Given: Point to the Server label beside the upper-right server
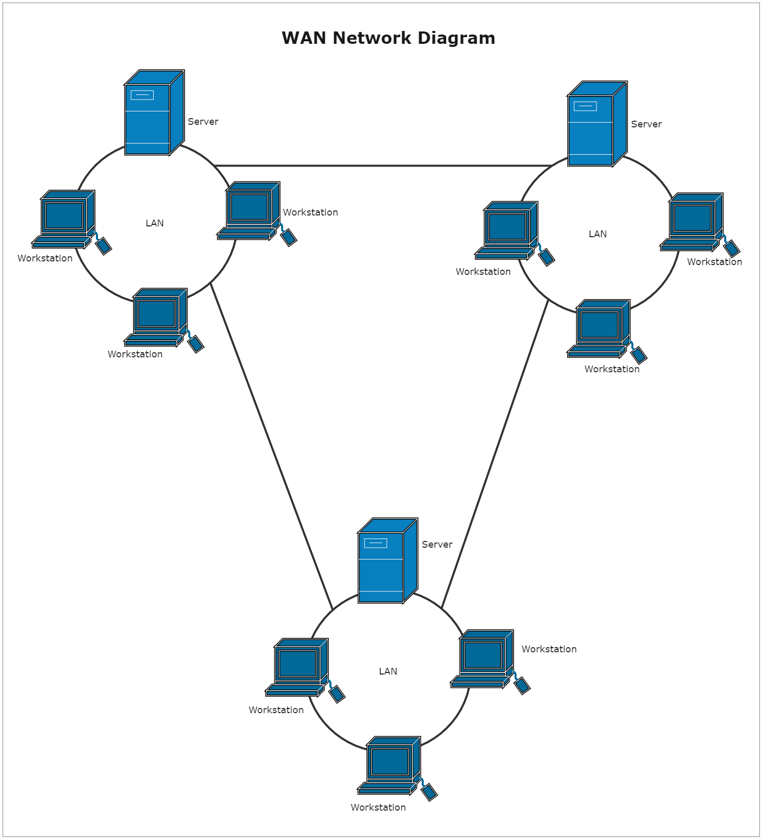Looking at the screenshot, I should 646,124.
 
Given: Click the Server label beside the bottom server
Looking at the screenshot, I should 437,545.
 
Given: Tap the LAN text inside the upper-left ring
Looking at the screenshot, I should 155,223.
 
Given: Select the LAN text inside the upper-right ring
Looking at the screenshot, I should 598,234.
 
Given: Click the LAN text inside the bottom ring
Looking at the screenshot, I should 388,671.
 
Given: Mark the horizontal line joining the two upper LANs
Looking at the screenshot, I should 382,166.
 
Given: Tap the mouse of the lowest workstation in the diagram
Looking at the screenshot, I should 429,792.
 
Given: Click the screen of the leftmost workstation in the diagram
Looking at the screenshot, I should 64,216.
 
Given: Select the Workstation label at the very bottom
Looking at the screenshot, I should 378,808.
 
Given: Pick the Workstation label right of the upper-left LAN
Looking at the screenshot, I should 310,212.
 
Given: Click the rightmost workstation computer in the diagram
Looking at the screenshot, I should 692,222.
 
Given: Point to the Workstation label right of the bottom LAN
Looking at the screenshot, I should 549,649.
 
